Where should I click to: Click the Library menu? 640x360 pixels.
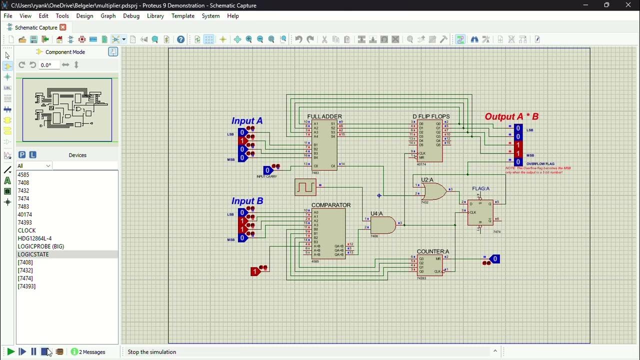[155, 16]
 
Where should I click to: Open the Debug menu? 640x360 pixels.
[131, 16]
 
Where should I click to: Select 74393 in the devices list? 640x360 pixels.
[24, 222]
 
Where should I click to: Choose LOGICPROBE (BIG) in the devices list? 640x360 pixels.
[41, 246]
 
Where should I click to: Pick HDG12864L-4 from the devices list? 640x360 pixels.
[34, 238]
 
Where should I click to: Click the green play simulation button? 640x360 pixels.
[10, 352]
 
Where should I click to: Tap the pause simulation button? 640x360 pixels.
[33, 352]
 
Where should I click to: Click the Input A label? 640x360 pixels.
[246, 121]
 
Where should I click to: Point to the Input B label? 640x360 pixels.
[247, 201]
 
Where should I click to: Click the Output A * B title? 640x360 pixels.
[511, 116]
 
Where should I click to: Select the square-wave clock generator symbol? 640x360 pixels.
[305, 187]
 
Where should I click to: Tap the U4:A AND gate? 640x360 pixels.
[382, 225]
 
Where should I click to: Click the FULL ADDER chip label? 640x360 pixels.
[324, 116]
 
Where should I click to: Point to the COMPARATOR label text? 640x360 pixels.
[331, 205]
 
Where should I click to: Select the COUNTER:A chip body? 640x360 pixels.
[430, 265]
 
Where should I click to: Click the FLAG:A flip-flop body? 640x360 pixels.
[480, 212]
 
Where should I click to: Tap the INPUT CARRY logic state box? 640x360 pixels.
[267, 170]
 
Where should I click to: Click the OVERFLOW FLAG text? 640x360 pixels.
[540, 164]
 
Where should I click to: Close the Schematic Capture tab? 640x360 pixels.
[63, 27]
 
